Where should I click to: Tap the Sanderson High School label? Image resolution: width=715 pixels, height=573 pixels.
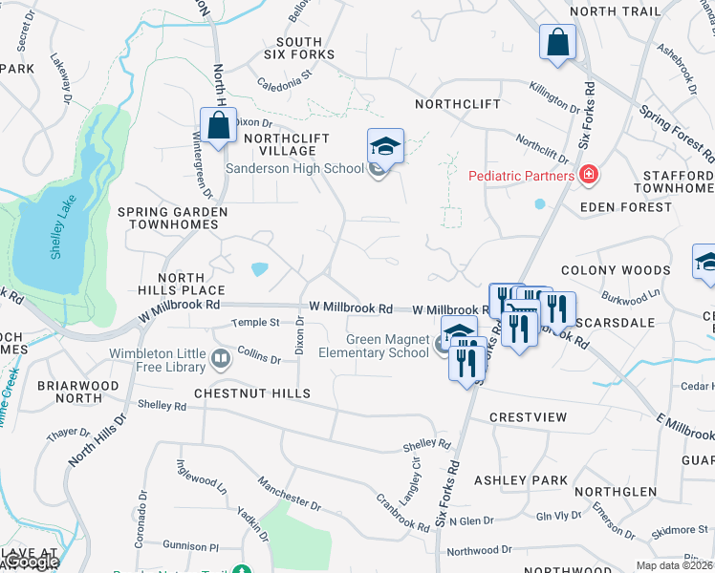click(293, 168)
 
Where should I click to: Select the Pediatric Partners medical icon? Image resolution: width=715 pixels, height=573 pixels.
click(589, 175)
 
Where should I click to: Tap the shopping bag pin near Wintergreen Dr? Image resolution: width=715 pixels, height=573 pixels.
click(218, 125)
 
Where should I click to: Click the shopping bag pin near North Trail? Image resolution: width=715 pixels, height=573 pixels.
click(557, 43)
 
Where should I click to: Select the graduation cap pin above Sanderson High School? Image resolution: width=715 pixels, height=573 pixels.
click(385, 146)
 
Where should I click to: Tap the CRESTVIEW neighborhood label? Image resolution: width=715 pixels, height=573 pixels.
click(528, 417)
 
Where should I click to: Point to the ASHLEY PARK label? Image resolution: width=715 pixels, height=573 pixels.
click(521, 479)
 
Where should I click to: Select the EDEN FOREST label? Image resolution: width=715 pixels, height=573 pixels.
click(632, 206)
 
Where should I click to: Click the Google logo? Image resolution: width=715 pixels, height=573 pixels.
click(31, 562)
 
